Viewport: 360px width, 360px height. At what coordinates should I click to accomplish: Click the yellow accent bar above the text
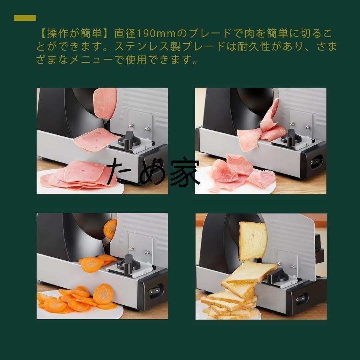point(25,18)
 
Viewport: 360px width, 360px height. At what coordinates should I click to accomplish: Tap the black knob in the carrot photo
point(130,263)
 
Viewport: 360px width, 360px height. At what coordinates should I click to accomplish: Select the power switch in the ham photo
point(316,162)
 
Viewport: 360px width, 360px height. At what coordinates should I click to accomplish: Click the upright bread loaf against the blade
point(252,240)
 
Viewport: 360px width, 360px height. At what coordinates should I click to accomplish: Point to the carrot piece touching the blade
point(110,229)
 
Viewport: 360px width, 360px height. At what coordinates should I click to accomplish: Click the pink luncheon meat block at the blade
point(106,102)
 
